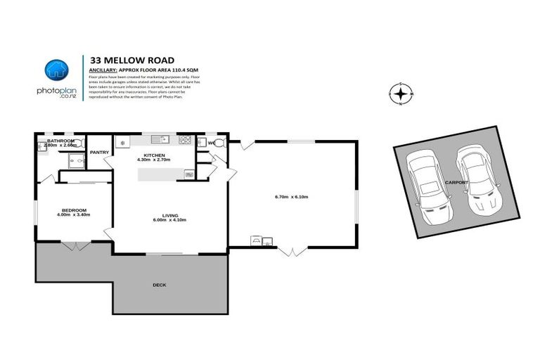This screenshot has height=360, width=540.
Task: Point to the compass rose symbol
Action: coord(401,94)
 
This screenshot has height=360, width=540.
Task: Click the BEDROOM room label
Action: coord(74,210)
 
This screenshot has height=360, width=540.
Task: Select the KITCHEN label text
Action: coord(154,155)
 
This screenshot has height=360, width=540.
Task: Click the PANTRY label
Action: coord(98,151)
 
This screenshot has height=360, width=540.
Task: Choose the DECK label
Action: coord(160,285)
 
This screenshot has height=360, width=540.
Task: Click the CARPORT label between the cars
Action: coord(457,182)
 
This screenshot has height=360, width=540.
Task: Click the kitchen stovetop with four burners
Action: coord(186,140)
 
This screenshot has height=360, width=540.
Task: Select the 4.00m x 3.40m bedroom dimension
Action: coord(74,215)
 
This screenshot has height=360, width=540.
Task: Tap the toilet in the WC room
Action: coord(219,143)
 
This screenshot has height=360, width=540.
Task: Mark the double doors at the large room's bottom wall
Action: coord(292,250)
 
